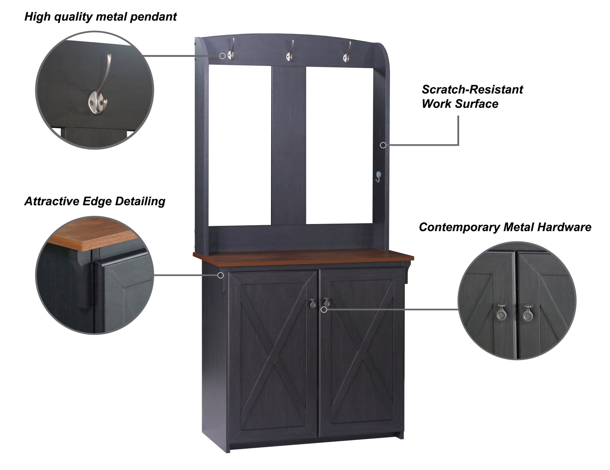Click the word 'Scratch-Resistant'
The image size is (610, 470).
point(472,90)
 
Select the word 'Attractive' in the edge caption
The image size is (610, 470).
point(52,201)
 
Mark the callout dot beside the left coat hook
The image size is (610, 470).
point(222,56)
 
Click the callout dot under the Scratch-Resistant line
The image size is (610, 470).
point(383,145)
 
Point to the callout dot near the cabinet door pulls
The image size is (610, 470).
point(324,310)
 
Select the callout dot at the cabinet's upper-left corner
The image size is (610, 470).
point(221,275)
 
